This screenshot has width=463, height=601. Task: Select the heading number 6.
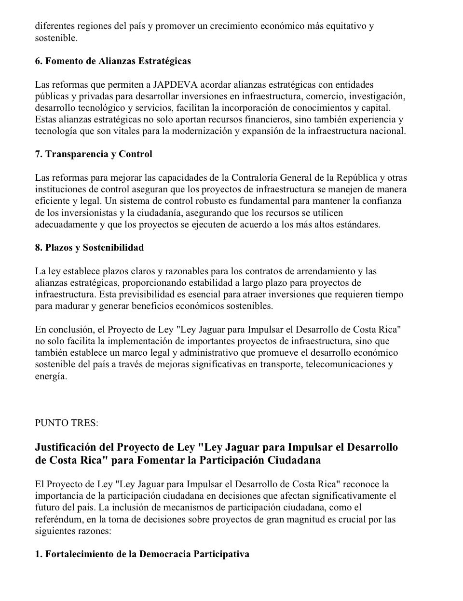click(38, 61)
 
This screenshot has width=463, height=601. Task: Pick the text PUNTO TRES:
click(67, 423)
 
